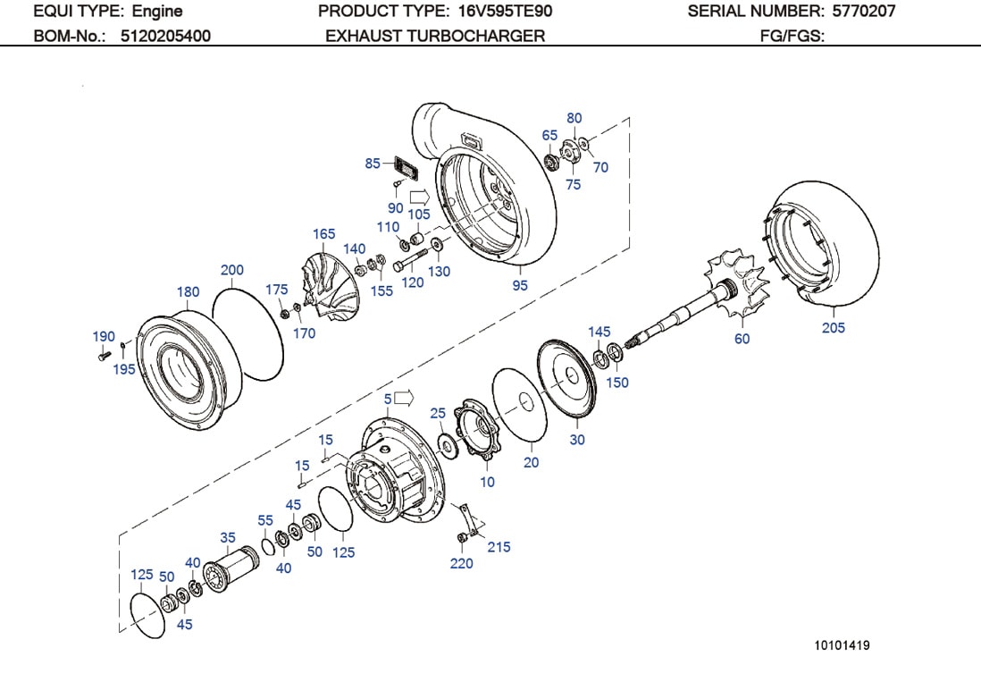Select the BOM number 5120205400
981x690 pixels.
tap(165, 36)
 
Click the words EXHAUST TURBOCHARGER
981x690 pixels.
tap(434, 36)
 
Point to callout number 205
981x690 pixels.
tap(833, 328)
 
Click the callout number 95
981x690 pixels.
tap(520, 286)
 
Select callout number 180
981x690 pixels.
tap(188, 292)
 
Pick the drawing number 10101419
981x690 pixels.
tap(841, 645)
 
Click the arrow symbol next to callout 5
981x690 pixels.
tap(406, 396)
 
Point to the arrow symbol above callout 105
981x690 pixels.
tap(419, 197)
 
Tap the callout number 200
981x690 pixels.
tap(231, 270)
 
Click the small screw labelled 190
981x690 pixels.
tap(101, 355)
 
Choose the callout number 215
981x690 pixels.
tap(499, 546)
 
